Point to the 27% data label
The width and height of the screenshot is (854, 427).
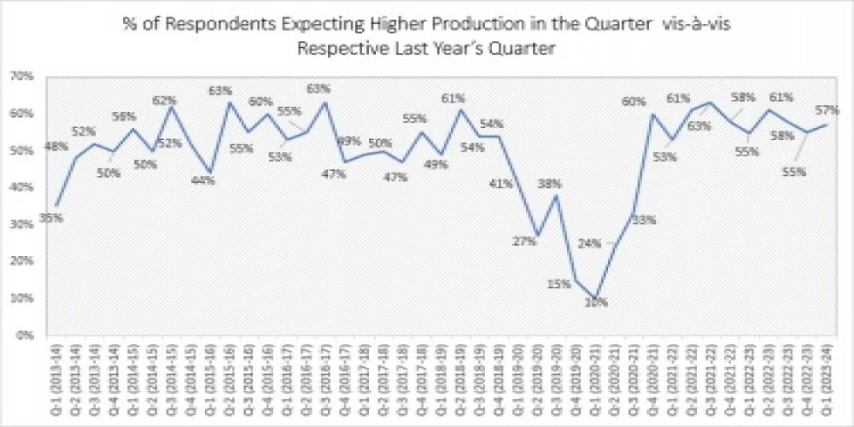pos(524,242)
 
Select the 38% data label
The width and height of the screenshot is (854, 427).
pos(549,184)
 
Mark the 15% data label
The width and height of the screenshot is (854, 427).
pos(559,284)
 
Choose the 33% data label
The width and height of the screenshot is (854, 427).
pos(643,220)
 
